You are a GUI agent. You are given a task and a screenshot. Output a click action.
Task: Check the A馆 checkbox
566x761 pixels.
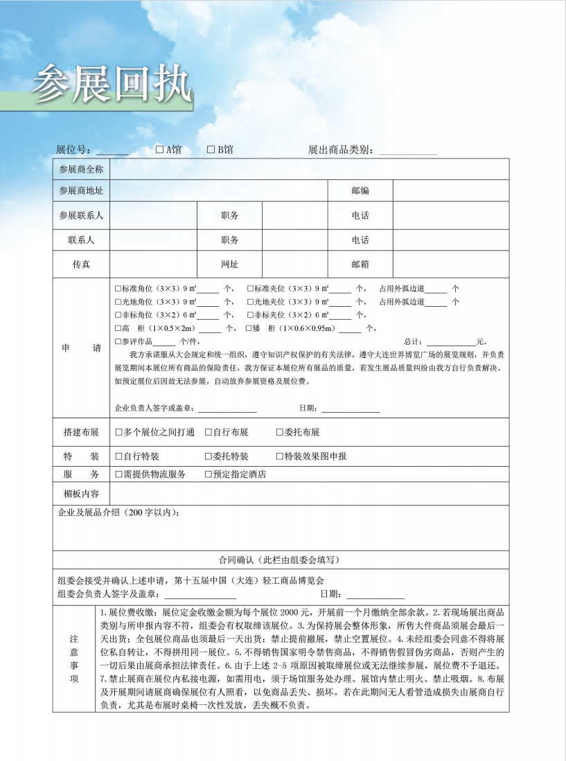159,150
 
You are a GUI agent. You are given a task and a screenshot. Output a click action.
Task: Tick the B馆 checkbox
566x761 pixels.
211,150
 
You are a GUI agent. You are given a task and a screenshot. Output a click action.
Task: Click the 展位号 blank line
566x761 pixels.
112,152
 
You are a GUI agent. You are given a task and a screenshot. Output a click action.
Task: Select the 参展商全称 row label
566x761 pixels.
81,170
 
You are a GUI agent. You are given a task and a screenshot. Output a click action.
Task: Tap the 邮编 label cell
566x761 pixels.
360,190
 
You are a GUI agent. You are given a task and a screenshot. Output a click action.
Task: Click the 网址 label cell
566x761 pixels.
230,265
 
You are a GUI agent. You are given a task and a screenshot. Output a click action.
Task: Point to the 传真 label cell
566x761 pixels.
81,265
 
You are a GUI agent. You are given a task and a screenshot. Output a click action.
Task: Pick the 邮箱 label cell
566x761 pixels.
360,265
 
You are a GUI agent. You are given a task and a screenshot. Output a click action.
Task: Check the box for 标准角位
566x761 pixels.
118,289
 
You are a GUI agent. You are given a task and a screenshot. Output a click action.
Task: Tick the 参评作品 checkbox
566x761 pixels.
118,342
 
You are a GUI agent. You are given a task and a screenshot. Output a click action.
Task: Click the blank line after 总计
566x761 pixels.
451,343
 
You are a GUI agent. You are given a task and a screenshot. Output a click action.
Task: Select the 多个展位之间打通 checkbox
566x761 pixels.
119,433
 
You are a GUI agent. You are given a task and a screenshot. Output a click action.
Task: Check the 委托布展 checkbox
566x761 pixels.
280,433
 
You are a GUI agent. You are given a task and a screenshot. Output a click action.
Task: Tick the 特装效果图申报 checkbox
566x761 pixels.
280,457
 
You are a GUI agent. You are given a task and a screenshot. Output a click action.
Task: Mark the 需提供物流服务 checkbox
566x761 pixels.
119,475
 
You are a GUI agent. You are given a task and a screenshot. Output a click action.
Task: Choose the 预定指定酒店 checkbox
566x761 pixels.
209,475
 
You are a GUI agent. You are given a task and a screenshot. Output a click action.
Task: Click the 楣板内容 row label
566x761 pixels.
81,494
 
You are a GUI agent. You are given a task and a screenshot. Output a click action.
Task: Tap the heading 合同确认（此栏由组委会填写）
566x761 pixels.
280,559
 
